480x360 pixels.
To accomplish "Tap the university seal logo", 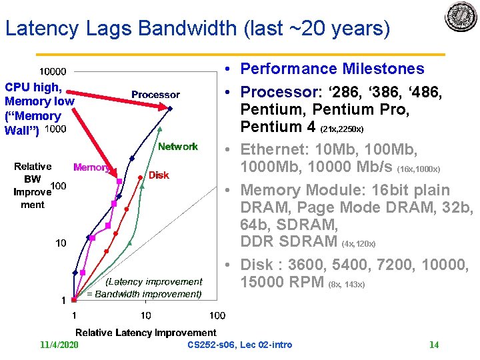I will click(461, 17).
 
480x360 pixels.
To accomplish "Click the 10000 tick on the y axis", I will click(52, 72).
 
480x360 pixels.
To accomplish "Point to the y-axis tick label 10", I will click(61, 243).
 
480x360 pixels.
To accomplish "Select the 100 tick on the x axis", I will click(217, 315).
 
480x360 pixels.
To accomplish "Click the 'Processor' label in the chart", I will click(155, 95).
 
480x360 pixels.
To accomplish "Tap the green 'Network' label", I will click(177, 146).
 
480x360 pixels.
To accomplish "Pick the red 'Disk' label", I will click(159, 175).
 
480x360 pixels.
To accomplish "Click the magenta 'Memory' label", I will click(91, 167).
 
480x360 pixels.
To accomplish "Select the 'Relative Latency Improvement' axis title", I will click(145, 332).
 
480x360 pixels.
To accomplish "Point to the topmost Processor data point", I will click(170, 109).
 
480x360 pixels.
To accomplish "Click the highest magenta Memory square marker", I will click(119, 181).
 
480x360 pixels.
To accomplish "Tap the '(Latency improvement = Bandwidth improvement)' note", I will click(145, 288).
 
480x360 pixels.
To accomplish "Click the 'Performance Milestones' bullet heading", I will click(332, 69).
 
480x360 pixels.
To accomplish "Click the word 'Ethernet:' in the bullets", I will click(270, 148).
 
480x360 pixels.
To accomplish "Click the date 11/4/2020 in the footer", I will click(59, 345).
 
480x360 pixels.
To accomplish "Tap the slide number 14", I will click(433, 345).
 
